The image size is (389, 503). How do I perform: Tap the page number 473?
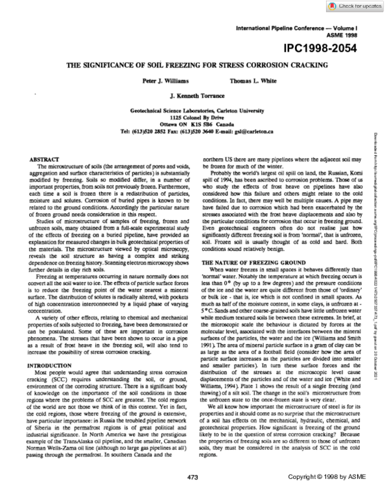click(193, 495)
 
